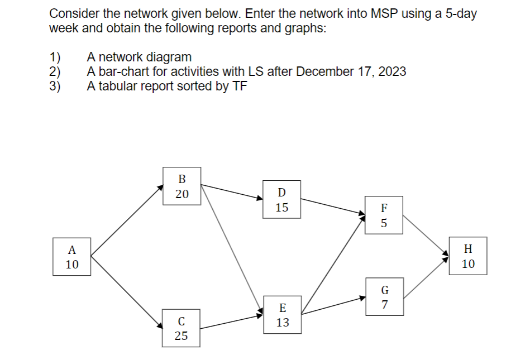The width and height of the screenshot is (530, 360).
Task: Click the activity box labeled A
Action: (x=72, y=257)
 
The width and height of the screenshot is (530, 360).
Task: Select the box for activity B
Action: (x=182, y=186)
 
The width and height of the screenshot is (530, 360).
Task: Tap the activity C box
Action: (x=181, y=328)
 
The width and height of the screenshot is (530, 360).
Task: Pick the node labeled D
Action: (x=281, y=199)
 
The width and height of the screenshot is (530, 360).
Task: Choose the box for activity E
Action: (x=283, y=315)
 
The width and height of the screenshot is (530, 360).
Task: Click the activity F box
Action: (x=384, y=215)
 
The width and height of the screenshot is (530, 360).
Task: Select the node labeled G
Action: (x=384, y=297)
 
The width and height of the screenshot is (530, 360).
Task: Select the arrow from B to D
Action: (x=232, y=191)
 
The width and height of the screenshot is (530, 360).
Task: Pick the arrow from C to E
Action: (x=232, y=322)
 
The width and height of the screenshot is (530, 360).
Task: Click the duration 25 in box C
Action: (x=181, y=335)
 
